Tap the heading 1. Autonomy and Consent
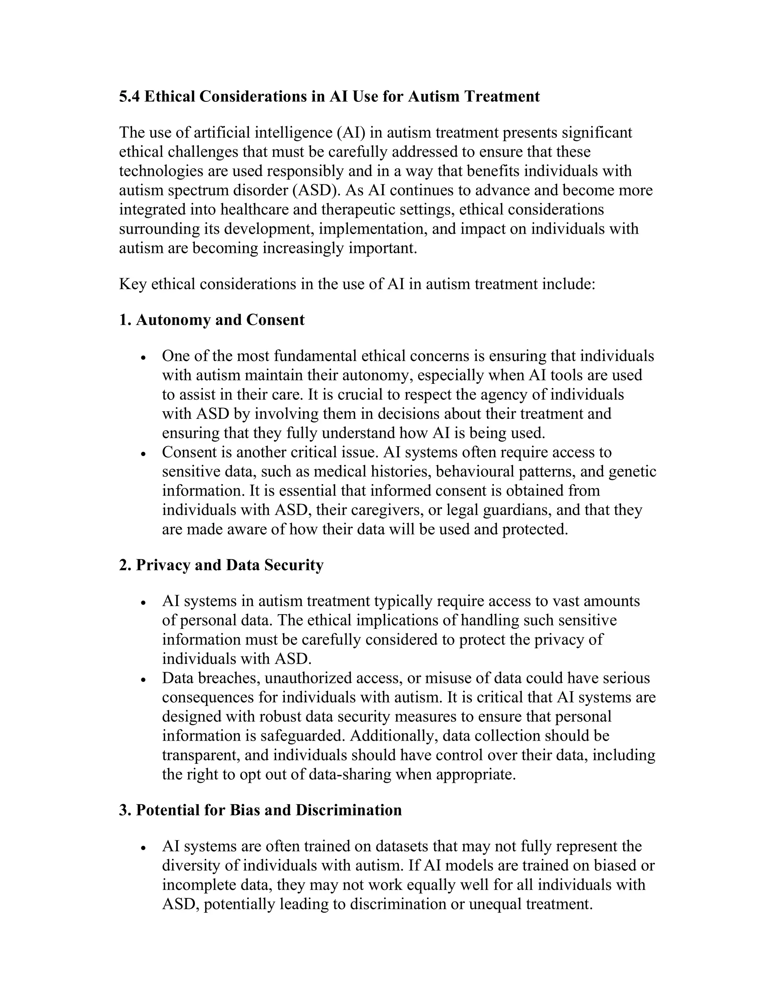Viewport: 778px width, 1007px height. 212,320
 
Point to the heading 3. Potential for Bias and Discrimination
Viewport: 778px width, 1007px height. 260,810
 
